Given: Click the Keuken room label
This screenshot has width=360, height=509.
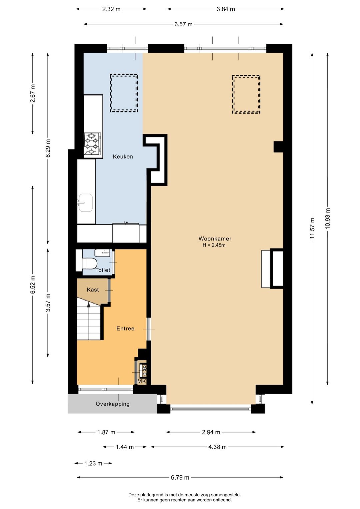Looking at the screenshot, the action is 123,156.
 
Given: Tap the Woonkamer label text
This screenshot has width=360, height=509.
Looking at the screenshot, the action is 215,238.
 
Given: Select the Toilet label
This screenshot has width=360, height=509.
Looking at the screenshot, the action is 103,270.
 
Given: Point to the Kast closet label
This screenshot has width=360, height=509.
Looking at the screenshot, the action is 93,290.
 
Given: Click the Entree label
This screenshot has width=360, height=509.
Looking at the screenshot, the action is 125,328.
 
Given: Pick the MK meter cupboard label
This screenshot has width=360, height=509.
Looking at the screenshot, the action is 142,382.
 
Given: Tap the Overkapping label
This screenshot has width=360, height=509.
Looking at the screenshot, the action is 113,404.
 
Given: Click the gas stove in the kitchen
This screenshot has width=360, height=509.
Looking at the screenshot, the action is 92,145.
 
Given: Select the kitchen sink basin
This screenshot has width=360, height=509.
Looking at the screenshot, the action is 85,203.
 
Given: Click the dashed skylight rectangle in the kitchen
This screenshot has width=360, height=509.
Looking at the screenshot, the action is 124,93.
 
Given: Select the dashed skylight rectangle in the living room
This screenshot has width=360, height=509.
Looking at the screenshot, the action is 246,94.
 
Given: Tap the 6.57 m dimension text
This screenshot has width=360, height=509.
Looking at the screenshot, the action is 183,24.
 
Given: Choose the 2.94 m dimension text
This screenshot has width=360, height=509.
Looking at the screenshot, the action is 211,432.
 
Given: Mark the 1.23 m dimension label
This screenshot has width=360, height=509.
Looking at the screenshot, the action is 93,463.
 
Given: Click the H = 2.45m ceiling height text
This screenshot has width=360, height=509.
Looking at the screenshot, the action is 214,245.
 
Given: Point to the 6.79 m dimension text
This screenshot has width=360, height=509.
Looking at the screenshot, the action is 180,477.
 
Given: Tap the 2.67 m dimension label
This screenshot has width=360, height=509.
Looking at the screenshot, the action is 33,93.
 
